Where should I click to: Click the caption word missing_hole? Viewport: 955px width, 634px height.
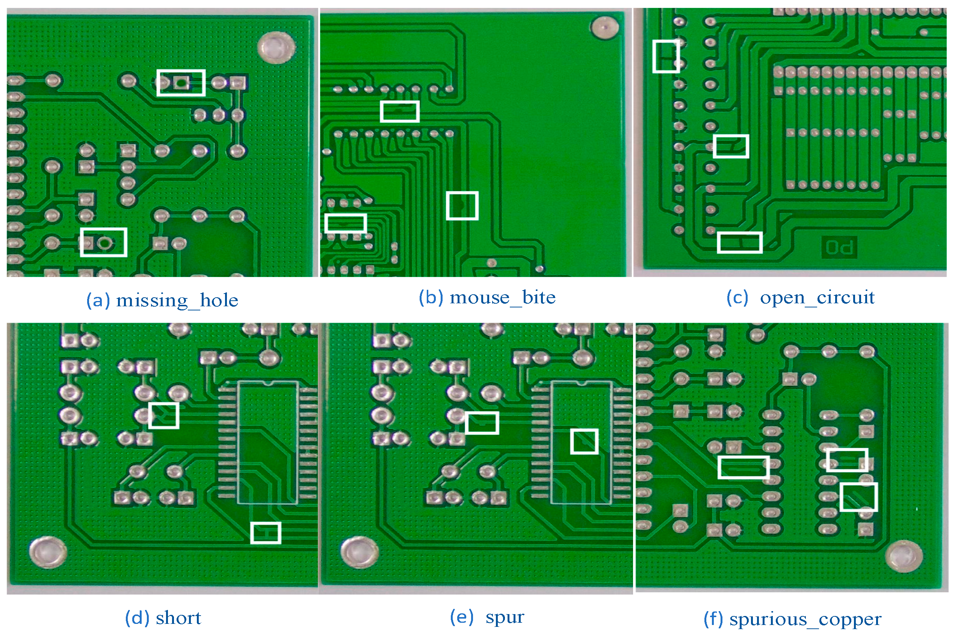coord(177,300)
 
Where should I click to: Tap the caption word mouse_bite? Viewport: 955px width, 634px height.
coord(502,298)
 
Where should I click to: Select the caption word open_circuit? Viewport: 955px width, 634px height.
coord(817,298)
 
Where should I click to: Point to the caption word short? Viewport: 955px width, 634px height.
coord(178,618)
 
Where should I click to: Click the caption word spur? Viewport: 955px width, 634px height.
coord(505,617)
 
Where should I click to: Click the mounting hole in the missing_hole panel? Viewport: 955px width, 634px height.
coord(277,47)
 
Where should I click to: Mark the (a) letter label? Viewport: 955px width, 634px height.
coord(98,300)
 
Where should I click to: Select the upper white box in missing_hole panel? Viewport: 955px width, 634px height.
coord(181,83)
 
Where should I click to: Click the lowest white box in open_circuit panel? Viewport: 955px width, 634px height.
coord(740,242)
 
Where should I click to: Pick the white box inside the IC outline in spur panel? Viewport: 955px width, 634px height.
coord(584,441)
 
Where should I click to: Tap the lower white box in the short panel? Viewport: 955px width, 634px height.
coord(266,533)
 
